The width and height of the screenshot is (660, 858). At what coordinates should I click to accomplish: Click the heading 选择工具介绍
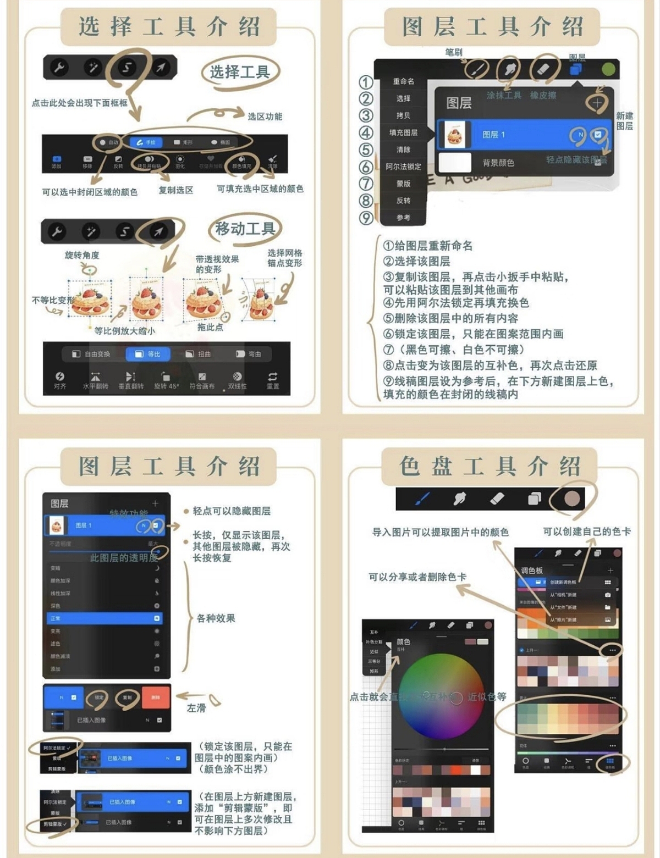pyautogui.click(x=168, y=27)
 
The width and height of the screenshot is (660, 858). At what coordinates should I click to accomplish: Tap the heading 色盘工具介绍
pyautogui.click(x=490, y=467)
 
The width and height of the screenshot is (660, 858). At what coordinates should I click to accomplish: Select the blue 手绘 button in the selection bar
pyautogui.click(x=146, y=142)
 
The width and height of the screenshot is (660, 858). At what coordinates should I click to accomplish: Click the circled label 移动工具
pyautogui.click(x=245, y=229)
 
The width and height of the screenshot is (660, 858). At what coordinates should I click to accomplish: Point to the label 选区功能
pyautogui.click(x=265, y=117)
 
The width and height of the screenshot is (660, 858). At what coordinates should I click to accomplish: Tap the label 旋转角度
pyautogui.click(x=82, y=255)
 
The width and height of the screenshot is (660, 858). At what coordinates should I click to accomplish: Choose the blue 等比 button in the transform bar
pyautogui.click(x=148, y=354)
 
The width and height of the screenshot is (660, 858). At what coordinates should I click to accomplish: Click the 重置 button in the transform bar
pyautogui.click(x=273, y=380)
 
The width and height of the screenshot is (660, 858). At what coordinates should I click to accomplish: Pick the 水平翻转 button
pyautogui.click(x=95, y=380)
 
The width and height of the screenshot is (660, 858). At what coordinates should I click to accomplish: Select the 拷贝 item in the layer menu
pyautogui.click(x=403, y=115)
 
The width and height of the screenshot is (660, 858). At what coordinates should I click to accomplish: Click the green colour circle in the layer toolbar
pyautogui.click(x=608, y=69)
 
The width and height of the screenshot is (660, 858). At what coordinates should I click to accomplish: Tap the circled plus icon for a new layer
pyautogui.click(x=597, y=102)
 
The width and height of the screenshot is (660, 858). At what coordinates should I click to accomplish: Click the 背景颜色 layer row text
pyautogui.click(x=498, y=163)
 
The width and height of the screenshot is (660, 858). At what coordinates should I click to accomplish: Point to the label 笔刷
pyautogui.click(x=454, y=52)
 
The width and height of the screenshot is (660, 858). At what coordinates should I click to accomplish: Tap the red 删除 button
pyautogui.click(x=156, y=697)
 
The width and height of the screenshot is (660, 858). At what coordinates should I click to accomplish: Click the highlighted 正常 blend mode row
pyautogui.click(x=102, y=618)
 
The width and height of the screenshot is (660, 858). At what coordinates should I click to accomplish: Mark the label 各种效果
pyautogui.click(x=216, y=618)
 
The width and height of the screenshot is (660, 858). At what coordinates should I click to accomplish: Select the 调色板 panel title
pyautogui.click(x=532, y=571)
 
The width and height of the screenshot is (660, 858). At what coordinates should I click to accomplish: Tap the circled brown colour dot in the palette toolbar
pyautogui.click(x=573, y=499)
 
